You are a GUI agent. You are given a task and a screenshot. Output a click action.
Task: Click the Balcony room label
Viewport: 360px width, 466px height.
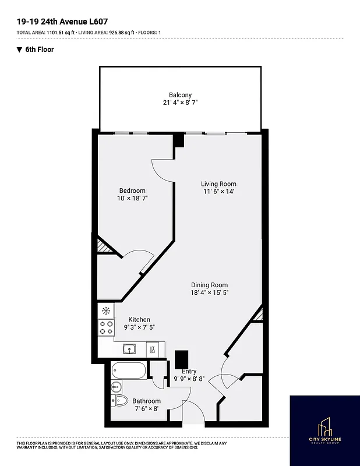pyautogui.click(x=180, y=95)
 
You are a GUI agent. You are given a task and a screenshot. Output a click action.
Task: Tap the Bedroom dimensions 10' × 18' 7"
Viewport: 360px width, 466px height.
pyautogui.click(x=132, y=199)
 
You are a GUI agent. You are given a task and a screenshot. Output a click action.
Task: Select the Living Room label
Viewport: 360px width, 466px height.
pyautogui.click(x=218, y=183)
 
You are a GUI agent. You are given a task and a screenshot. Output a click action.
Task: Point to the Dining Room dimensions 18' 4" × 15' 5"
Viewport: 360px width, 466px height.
pyautogui.click(x=209, y=293)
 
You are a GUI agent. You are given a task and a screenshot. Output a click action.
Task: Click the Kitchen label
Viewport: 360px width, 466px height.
pyautogui.click(x=139, y=319)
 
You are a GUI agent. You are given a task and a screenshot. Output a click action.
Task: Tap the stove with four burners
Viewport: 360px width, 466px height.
pyautogui.click(x=106, y=327)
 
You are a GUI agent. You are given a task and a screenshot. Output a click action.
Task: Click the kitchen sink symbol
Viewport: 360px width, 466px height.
pyautogui.click(x=129, y=349)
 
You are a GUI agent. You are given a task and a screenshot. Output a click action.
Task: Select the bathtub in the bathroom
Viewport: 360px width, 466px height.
pyautogui.click(x=129, y=370)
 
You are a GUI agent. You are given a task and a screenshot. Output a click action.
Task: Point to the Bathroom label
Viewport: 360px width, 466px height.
pyautogui.click(x=146, y=401)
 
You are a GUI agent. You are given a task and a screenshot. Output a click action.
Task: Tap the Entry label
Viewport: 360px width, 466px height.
pyautogui.click(x=189, y=371)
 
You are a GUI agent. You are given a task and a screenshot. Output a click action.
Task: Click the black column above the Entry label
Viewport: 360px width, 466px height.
pyautogui.click(x=182, y=358)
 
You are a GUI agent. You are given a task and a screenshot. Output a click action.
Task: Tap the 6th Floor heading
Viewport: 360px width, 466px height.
pyautogui.click(x=39, y=50)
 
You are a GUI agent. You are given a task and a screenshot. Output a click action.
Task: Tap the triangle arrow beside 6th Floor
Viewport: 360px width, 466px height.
pyautogui.click(x=19, y=50)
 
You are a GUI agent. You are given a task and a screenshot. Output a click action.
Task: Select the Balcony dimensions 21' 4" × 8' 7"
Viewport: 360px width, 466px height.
pyautogui.click(x=180, y=103)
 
